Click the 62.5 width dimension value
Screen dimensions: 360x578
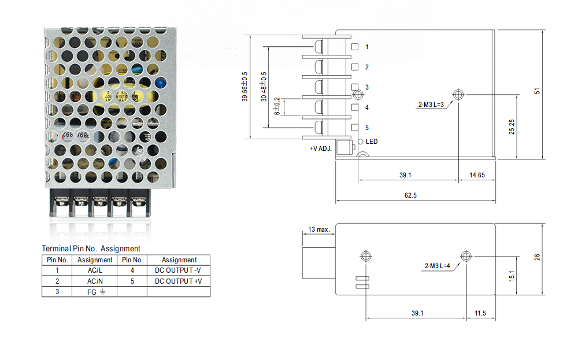click(x=410, y=196)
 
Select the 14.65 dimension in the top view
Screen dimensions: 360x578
click(x=477, y=175)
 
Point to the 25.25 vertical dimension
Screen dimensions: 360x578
click(x=512, y=127)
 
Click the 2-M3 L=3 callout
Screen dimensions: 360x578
click(x=431, y=105)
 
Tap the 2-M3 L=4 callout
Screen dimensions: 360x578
click(x=438, y=266)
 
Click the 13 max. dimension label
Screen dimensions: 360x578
click(x=318, y=229)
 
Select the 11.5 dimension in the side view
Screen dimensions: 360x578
click(x=480, y=313)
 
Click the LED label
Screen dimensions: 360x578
click(x=372, y=142)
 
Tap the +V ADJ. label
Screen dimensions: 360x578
click(x=321, y=149)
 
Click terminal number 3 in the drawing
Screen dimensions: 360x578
click(x=366, y=87)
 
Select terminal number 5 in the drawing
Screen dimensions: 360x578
click(x=366, y=128)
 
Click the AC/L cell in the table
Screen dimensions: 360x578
click(x=95, y=270)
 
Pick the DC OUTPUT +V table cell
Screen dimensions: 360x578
click(x=179, y=281)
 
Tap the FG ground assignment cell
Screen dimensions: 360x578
click(x=95, y=292)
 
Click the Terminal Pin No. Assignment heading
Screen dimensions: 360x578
click(x=91, y=248)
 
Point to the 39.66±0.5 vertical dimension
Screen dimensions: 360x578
click(x=244, y=87)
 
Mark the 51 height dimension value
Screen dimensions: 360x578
click(x=537, y=91)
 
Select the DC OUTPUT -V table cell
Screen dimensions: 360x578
click(x=179, y=270)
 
